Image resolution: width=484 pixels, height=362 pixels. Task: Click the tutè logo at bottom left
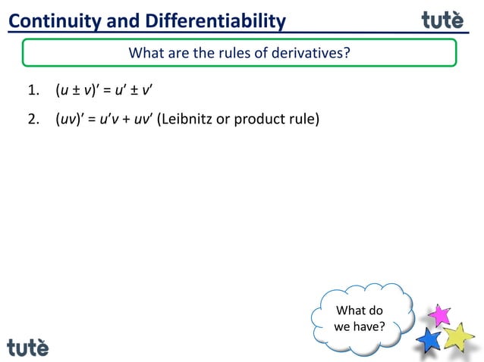28,346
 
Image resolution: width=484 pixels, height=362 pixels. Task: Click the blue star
429,339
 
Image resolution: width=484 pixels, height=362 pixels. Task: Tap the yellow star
458,336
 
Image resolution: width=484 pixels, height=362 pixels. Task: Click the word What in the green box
145,53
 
